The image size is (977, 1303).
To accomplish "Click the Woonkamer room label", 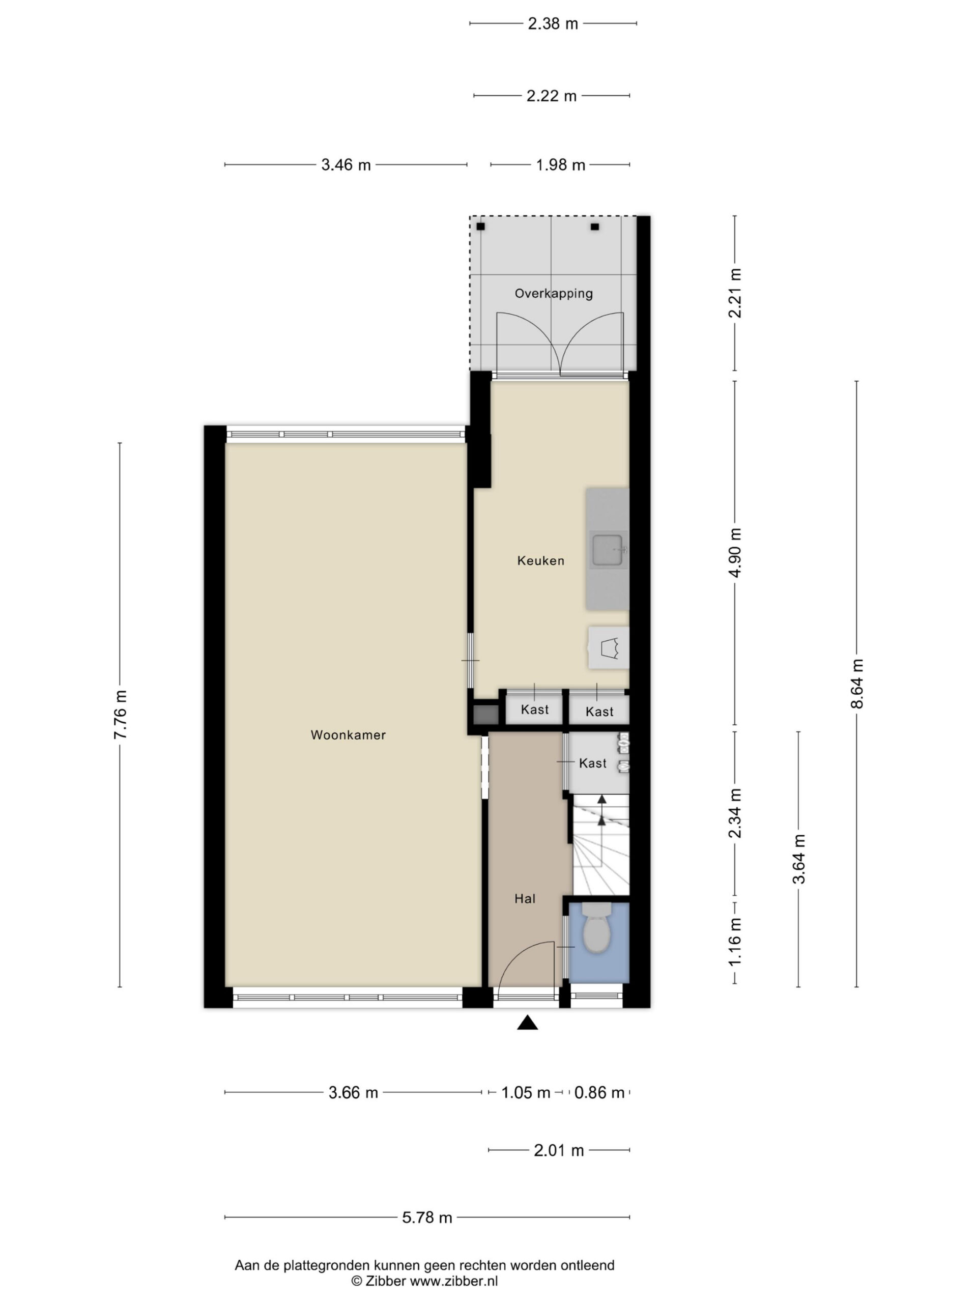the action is pyautogui.click(x=348, y=734).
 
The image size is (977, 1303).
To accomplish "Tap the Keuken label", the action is pyautogui.click(x=540, y=561).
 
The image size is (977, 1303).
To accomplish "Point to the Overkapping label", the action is pyautogui.click(x=554, y=293).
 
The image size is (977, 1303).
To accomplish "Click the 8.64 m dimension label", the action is pyautogui.click(x=857, y=683).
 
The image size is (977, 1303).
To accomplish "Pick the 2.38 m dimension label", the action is pyautogui.click(x=553, y=23).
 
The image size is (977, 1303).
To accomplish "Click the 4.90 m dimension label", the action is pyautogui.click(x=735, y=553).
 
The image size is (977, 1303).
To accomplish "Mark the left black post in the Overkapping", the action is pyautogui.click(x=480, y=226).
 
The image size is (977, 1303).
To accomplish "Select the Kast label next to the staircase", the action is pyautogui.click(x=592, y=763).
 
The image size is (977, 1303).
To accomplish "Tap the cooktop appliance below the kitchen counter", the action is pyautogui.click(x=609, y=647).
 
